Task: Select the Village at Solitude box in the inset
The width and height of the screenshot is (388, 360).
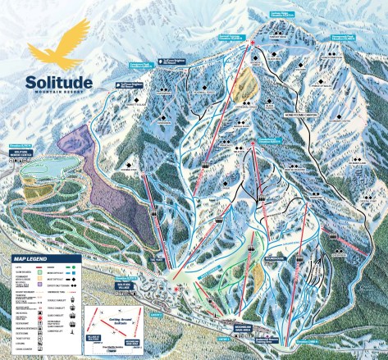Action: click(x=99, y=333)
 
